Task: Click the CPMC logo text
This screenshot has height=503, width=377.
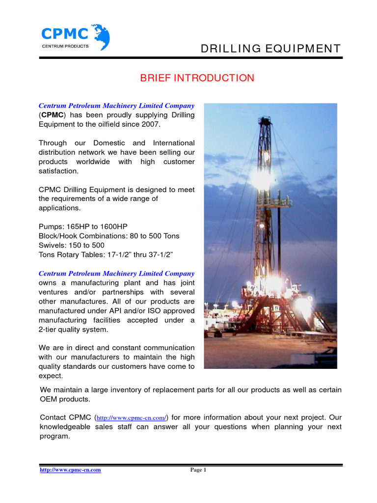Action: pyautogui.click(x=65, y=33)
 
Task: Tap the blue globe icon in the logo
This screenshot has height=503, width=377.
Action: pyautogui.click(x=100, y=35)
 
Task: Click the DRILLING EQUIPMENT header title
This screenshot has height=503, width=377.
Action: pyautogui.click(x=270, y=48)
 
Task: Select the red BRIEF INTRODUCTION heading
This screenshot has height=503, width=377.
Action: pyautogui.click(x=197, y=78)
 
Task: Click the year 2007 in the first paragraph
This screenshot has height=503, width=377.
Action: pyautogui.click(x=151, y=124)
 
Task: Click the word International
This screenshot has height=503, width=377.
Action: pyautogui.click(x=174, y=143)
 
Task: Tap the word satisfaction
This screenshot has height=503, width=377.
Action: pyautogui.click(x=58, y=171)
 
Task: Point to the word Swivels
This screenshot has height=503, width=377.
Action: pyautogui.click(x=52, y=245)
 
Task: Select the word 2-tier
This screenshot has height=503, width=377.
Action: pyautogui.click(x=50, y=330)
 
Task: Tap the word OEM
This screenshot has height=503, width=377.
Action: pyautogui.click(x=49, y=399)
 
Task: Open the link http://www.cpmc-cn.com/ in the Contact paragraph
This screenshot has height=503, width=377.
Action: pyautogui.click(x=132, y=418)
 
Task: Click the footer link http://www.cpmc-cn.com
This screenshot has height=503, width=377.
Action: pyautogui.click(x=70, y=470)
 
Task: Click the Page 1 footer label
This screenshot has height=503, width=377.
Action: pyautogui.click(x=198, y=470)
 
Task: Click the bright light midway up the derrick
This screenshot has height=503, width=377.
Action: pyautogui.click(x=261, y=178)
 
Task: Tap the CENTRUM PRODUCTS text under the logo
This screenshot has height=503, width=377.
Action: pyautogui.click(x=65, y=46)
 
